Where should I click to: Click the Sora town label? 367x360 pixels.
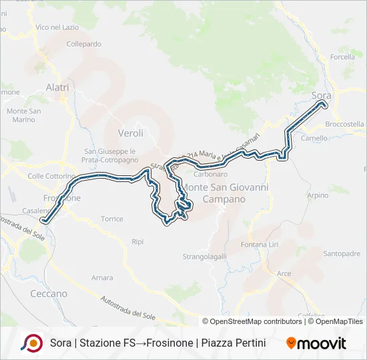click(x=322, y=96)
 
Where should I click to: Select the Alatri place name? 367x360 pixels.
click(x=57, y=87)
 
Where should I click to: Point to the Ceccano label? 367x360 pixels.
click(x=49, y=293)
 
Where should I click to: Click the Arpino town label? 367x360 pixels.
click(x=318, y=195)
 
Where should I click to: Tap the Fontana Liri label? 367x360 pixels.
click(x=260, y=245)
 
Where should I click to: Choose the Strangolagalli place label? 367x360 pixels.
click(x=205, y=256)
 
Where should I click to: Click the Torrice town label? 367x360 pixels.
click(x=112, y=219)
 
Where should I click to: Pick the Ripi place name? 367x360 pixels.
click(x=137, y=241)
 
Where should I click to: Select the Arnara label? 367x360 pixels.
click(x=102, y=277)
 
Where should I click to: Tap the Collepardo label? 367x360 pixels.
click(x=84, y=44)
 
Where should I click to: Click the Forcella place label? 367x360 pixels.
click(x=342, y=57)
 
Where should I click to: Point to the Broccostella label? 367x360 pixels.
click(x=344, y=124)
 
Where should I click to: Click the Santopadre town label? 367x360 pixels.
click(x=342, y=253)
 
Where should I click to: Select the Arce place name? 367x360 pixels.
click(x=284, y=273)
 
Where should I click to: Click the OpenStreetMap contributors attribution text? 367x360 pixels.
click(x=252, y=321)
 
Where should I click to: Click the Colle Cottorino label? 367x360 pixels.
click(x=51, y=176)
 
